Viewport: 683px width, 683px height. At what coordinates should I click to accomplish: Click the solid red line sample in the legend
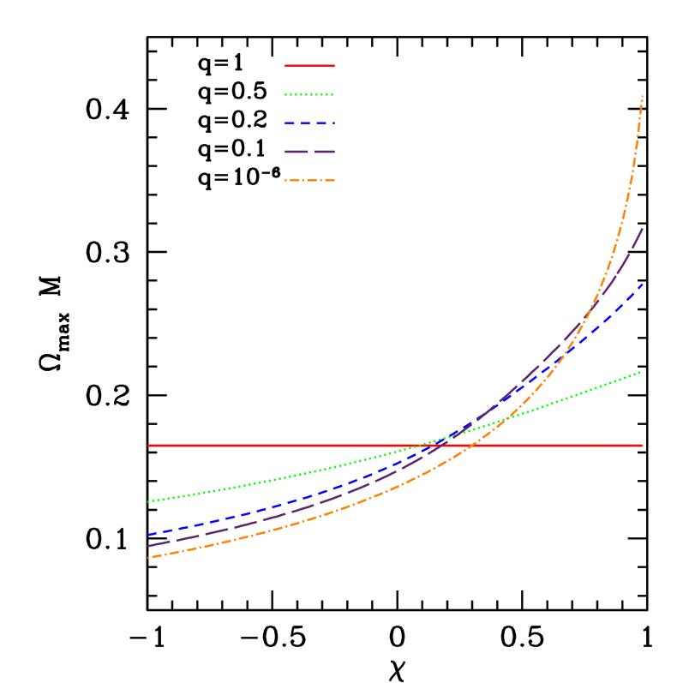tap(309, 65)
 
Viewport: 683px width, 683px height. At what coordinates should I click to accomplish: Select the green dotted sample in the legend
tap(309, 94)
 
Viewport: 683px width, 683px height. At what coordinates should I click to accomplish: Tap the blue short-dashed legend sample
tap(309, 123)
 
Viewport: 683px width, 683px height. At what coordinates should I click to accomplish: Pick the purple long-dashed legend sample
tap(309, 152)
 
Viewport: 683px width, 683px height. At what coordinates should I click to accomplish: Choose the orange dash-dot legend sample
tap(309, 181)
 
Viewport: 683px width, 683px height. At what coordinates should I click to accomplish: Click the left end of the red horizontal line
tap(148, 446)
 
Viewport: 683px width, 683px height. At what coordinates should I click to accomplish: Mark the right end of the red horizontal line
tap(642, 446)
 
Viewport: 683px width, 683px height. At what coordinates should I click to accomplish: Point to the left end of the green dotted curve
tap(148, 501)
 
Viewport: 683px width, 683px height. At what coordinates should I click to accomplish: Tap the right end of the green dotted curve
tap(641, 372)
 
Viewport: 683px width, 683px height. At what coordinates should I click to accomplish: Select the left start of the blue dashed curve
tap(148, 535)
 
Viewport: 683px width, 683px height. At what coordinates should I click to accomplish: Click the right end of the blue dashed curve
tap(642, 284)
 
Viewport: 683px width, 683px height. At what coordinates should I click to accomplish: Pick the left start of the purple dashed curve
tap(148, 546)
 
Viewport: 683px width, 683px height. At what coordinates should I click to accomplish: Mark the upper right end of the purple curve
tap(643, 229)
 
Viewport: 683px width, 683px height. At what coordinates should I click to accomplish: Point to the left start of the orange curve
tap(148, 558)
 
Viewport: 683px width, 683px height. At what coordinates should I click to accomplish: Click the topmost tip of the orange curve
tap(642, 96)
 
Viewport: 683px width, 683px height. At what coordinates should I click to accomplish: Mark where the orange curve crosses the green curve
tap(506, 419)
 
